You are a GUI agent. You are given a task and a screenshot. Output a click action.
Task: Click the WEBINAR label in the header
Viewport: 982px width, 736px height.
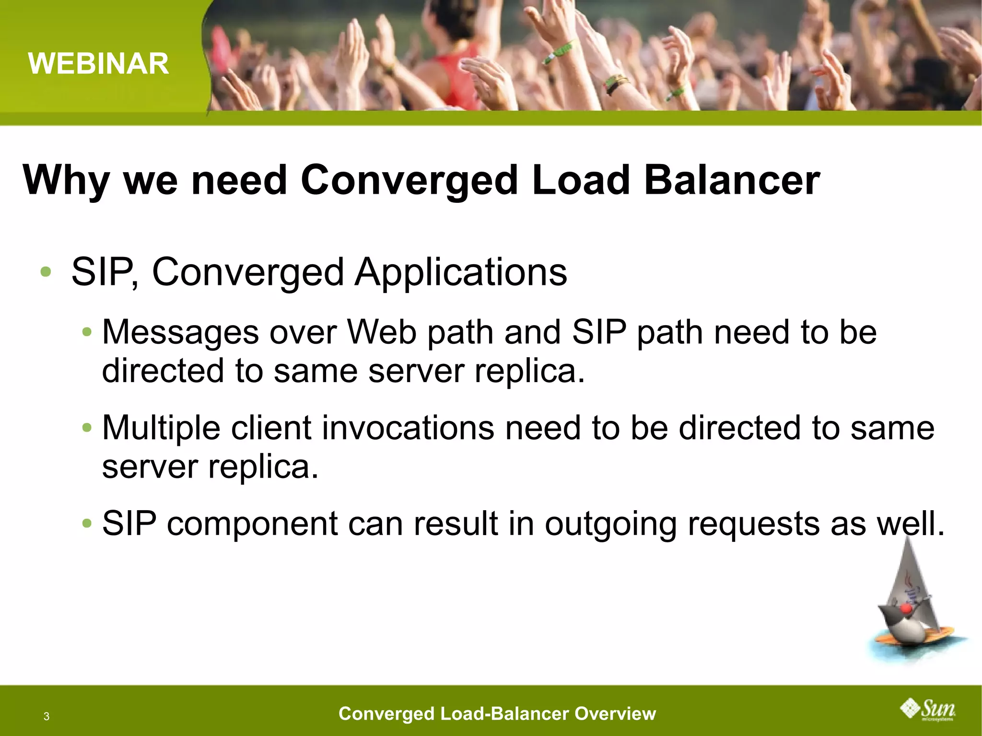click(x=98, y=63)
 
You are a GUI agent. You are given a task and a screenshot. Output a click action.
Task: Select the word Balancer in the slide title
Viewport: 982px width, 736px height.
click(x=732, y=180)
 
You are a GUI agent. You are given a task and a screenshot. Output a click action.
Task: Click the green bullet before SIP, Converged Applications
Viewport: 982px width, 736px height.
click(x=46, y=272)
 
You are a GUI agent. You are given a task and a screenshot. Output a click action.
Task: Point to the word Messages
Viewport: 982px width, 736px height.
click(x=180, y=333)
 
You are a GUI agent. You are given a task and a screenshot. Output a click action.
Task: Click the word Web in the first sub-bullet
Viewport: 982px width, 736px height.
click(x=382, y=332)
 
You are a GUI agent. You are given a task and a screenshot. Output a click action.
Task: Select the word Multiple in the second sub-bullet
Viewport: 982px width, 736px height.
click(x=161, y=428)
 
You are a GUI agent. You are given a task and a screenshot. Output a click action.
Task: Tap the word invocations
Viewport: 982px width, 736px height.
click(x=408, y=428)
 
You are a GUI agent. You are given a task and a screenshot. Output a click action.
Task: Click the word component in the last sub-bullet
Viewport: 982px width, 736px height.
click(x=252, y=524)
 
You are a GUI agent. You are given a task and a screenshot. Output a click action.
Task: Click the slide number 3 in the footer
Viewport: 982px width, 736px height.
click(x=47, y=716)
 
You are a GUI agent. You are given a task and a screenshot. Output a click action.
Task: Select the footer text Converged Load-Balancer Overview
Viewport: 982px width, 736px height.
click(x=497, y=713)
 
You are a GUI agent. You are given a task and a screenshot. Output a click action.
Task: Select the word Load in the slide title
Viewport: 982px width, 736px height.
click(x=580, y=180)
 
